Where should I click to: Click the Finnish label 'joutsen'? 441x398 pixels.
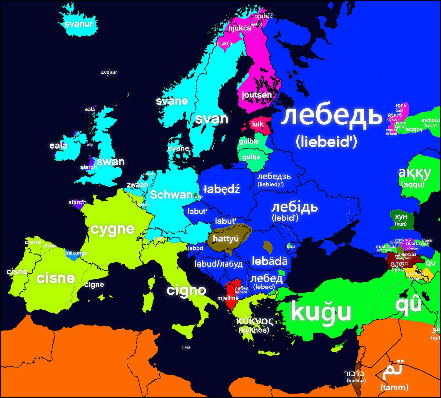click(257, 95)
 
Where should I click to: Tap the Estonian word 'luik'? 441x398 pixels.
click(258, 124)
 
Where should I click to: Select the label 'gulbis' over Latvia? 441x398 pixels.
click(249, 141)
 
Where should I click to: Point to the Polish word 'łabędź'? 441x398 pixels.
click(221, 189)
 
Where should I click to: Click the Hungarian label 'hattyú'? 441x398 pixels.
click(225, 238)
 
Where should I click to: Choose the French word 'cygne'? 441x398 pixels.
click(113, 229)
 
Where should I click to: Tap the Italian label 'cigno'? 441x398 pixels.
click(186, 290)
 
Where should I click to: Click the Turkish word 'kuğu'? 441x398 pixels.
click(321, 312)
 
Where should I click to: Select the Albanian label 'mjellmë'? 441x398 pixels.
click(228, 298)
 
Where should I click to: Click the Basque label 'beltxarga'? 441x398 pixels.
click(76, 253)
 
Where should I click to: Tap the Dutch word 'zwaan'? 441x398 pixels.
click(137, 185)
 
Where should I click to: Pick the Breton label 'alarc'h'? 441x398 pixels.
click(77, 202)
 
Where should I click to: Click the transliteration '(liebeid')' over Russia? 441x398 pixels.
click(326, 142)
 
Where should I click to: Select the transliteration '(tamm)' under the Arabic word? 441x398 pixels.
click(394, 387)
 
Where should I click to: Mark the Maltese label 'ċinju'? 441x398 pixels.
click(186, 347)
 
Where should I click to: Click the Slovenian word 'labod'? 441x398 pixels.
click(196, 248)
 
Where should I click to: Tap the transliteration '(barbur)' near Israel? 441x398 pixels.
click(356, 381)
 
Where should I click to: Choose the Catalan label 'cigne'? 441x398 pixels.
click(94, 285)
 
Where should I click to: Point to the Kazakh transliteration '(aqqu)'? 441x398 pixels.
click(412, 184)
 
